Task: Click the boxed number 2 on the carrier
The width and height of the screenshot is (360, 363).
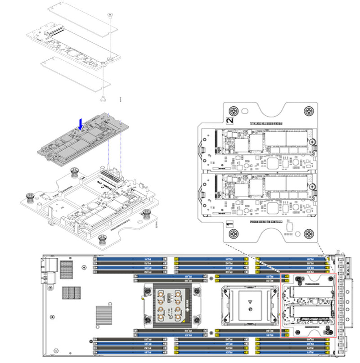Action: click(229, 121)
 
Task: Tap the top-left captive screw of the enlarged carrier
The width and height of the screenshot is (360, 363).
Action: click(233, 111)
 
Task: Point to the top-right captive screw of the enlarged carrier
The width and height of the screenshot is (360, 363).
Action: click(308, 111)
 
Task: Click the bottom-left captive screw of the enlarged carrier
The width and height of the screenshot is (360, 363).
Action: click(233, 233)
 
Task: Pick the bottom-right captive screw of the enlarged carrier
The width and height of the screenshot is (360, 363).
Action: click(308, 233)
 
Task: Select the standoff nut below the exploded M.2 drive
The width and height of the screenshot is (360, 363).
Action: click(103, 98)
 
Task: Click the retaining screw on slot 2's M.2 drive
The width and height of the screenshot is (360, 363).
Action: click(312, 142)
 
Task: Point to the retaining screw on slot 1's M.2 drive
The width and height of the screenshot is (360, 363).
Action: click(312, 186)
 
